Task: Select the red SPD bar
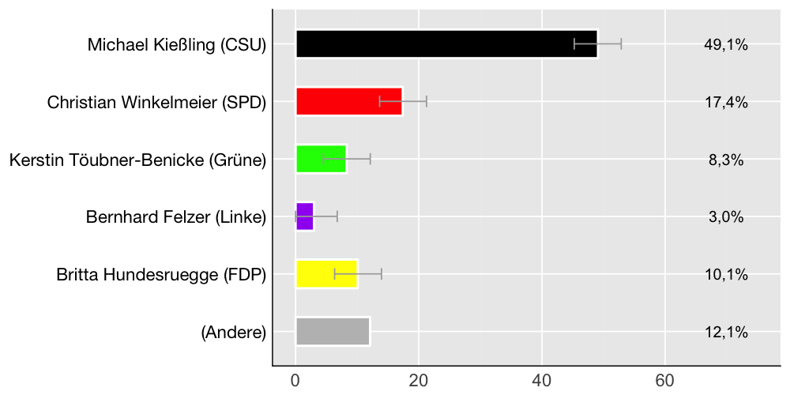point(348,102)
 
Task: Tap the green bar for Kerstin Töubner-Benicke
point(320,159)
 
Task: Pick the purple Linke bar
point(304,216)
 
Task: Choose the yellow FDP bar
point(326,274)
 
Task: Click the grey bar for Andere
point(333,331)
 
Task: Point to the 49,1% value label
point(725,45)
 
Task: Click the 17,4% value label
point(725,103)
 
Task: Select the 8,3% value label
point(725,160)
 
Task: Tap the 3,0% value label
point(725,217)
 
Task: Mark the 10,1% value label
point(725,274)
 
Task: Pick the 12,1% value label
point(725,332)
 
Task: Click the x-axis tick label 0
point(295,380)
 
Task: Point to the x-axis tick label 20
point(419,380)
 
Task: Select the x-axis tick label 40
point(542,380)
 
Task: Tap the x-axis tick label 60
point(665,380)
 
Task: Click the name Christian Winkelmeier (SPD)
point(156,103)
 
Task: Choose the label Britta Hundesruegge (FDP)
point(161,275)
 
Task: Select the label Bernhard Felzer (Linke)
point(176,217)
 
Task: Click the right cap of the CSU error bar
point(621,44)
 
